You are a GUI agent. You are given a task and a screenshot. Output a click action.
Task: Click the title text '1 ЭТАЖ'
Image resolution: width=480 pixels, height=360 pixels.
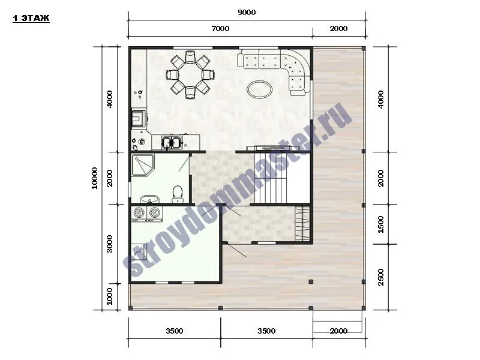point(31,19)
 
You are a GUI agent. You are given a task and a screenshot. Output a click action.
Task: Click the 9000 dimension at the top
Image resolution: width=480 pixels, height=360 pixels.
point(247,13)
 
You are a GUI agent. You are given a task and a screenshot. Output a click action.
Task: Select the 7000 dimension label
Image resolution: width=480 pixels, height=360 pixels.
point(220,28)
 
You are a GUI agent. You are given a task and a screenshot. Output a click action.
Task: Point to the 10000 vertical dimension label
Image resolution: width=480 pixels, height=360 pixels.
point(95,178)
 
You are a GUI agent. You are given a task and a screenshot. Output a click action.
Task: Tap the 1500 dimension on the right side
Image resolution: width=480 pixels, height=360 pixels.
point(380,224)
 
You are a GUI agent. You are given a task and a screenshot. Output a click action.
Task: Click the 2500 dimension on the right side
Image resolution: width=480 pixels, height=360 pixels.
point(380,277)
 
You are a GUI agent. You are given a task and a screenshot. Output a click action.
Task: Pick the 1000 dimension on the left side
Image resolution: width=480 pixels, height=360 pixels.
point(109,296)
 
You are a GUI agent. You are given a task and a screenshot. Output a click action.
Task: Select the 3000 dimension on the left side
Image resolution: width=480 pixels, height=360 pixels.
point(109,244)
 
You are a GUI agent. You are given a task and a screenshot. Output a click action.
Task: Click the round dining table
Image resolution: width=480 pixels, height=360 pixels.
point(190,74)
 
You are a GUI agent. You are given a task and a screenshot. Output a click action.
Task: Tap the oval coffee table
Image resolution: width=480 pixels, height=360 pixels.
point(260,89)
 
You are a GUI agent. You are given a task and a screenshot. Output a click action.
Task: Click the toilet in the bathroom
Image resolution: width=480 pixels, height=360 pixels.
point(178,194)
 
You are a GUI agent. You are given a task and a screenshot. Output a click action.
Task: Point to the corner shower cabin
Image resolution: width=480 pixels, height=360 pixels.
point(142,165)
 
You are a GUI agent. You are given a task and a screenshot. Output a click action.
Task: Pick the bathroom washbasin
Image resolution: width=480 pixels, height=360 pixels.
point(149,199)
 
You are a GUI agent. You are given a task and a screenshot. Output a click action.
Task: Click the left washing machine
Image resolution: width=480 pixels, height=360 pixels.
point(139,213)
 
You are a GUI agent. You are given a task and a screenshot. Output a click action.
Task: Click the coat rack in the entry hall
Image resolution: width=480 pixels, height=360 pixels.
point(303,223)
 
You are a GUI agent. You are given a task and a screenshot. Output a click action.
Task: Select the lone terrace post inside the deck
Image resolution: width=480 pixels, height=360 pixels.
point(311,281)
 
